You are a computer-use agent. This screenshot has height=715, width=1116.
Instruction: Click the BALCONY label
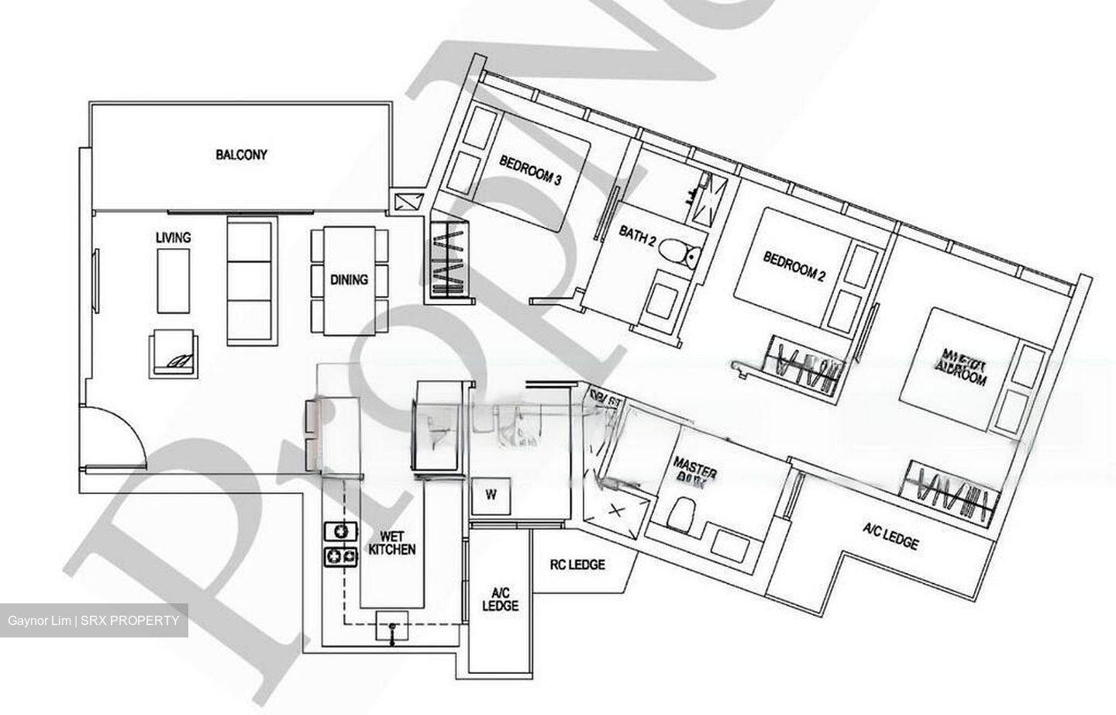(x=241, y=155)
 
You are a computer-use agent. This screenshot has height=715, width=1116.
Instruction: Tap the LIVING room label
(x=173, y=237)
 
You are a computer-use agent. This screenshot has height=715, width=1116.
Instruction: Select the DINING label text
(x=349, y=279)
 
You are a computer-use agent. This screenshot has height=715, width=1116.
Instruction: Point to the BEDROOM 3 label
(x=530, y=170)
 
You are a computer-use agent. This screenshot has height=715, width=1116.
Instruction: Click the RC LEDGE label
(x=577, y=565)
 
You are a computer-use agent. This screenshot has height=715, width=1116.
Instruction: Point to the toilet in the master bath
(x=681, y=515)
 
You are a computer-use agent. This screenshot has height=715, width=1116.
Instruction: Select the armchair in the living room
(x=175, y=353)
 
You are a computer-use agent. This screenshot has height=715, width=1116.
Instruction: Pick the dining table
(x=349, y=281)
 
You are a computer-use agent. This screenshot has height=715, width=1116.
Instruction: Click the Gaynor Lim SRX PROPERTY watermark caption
(x=94, y=620)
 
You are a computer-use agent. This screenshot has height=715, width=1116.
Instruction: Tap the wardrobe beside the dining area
(x=447, y=261)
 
